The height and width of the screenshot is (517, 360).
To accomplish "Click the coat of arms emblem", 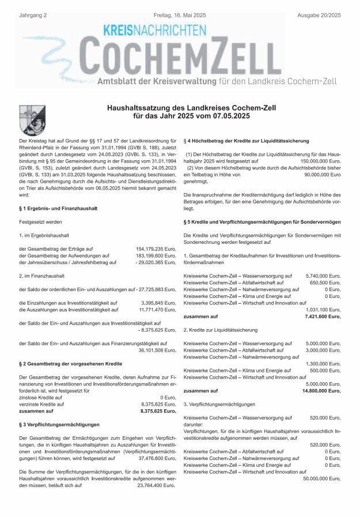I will tap(28, 120).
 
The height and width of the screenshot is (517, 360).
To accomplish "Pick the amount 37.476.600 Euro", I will tap(156, 459).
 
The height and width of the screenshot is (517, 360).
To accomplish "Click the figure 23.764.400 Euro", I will tap(156, 486).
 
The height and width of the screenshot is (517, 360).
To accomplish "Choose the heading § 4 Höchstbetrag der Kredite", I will tap(245, 141).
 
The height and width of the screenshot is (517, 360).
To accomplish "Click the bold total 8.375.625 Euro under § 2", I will tap(158, 412).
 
